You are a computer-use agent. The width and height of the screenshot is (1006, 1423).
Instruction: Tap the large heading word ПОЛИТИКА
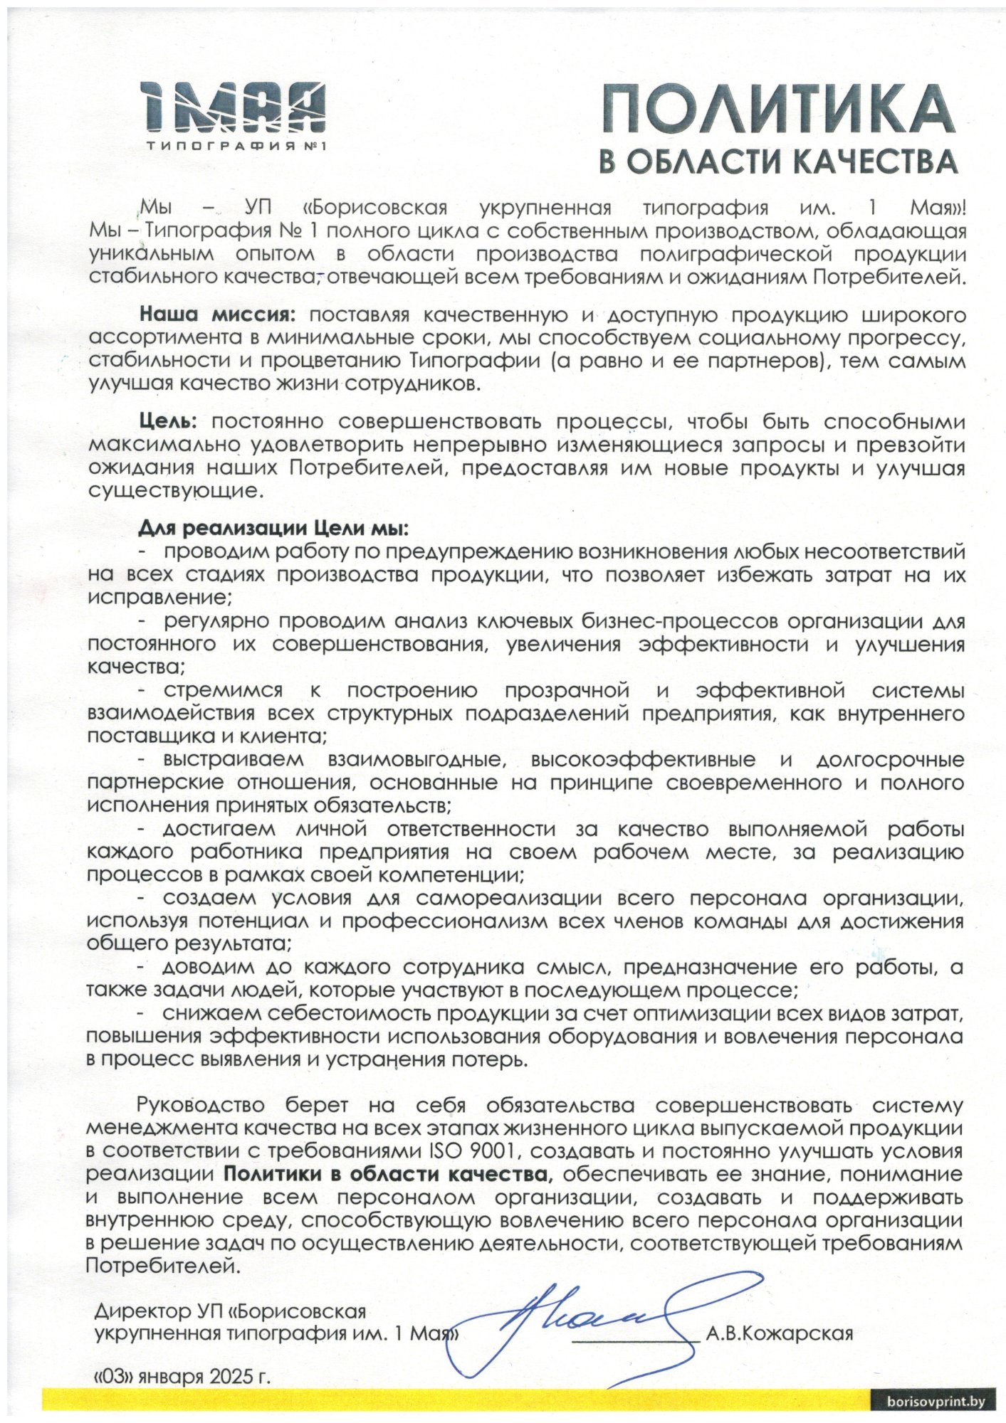tap(777, 110)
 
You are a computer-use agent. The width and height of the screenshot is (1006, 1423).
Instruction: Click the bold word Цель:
tap(167, 422)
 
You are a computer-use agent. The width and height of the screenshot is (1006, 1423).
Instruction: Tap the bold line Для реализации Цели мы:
tap(273, 529)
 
